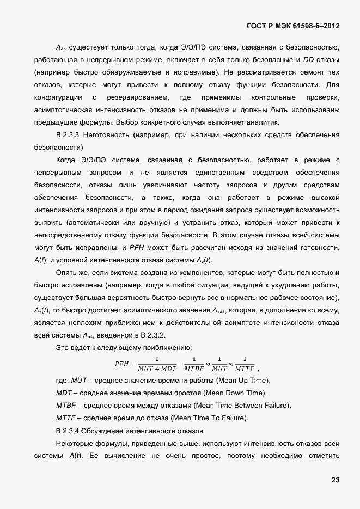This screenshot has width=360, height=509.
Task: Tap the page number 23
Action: pos(335,480)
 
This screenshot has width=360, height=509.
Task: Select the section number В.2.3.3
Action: pos(69,134)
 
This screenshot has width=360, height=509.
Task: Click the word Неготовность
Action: pos(109,134)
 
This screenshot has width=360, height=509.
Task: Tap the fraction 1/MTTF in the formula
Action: pos(248,363)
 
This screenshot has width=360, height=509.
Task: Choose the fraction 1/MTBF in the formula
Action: pos(194,363)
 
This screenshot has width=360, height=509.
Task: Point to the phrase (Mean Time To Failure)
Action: pos(210,418)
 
